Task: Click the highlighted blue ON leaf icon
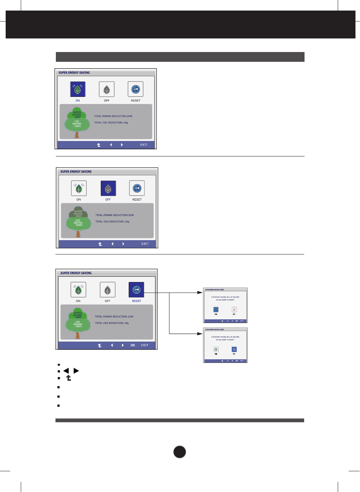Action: tap(78, 89)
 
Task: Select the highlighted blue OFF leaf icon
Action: tap(108, 188)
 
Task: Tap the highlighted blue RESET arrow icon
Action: tap(136, 290)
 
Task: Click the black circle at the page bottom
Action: tap(180, 452)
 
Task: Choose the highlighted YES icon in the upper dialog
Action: tap(216, 310)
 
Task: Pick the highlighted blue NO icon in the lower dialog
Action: tap(234, 349)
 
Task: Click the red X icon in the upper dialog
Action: tap(234, 310)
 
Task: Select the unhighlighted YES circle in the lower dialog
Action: tap(216, 349)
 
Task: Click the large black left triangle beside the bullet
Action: tap(66, 371)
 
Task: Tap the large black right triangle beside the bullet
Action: tap(76, 371)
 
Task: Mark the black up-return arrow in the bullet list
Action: tap(69, 378)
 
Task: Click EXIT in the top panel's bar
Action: tap(144, 145)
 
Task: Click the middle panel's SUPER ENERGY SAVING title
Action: tap(76, 172)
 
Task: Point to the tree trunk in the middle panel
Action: tap(78, 234)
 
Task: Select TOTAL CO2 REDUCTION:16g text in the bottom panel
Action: tap(112, 323)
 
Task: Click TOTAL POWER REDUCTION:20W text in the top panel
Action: tap(113, 116)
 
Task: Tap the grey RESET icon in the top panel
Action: tap(135, 89)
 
